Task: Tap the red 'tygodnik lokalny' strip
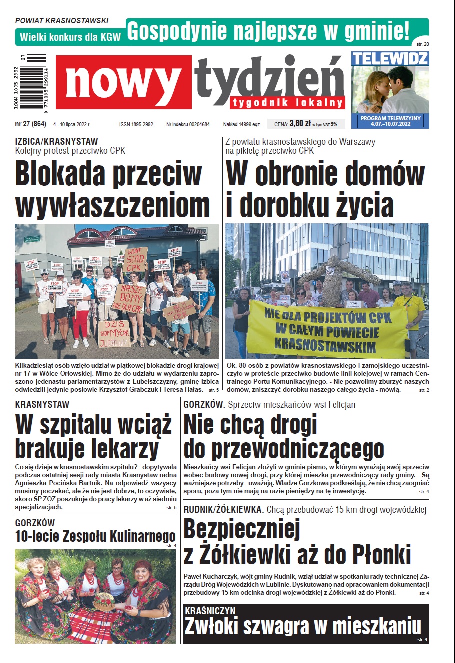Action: coord(288,102)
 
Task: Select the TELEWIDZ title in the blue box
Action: coord(390,58)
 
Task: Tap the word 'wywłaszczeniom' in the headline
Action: coord(113,205)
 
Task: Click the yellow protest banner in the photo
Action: coord(327,330)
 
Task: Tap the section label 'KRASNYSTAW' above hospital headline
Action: coord(42,404)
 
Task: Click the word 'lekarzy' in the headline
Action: coord(127,448)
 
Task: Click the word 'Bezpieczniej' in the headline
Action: coord(242,529)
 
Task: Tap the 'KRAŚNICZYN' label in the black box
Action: coord(210,611)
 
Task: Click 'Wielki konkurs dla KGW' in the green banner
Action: coord(70,37)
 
